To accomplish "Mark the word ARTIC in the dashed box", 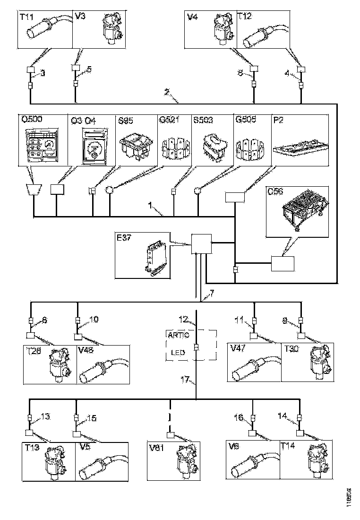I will pyautogui.click(x=178, y=335).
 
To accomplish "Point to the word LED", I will pyautogui.click(x=178, y=352).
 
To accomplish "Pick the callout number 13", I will pyautogui.click(x=45, y=416).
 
